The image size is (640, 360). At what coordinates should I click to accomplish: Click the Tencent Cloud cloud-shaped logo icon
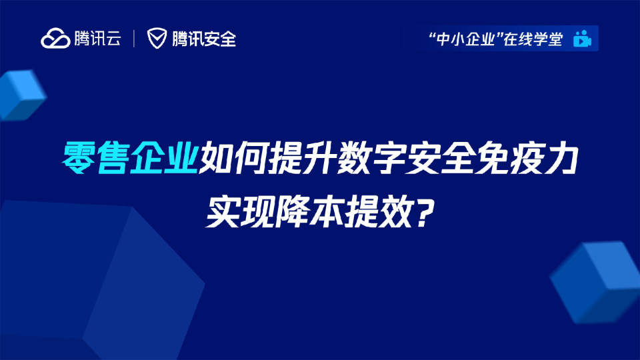pos(56,39)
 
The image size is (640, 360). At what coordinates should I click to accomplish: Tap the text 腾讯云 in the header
pos(97,39)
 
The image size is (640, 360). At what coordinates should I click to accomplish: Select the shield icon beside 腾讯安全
pos(157,39)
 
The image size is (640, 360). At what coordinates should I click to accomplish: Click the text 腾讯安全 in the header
pos(203,39)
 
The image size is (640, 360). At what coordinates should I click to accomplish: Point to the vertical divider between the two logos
pos(135,39)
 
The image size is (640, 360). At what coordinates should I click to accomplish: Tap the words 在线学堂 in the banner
pos(533,39)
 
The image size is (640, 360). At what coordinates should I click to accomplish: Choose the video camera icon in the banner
pos(582,39)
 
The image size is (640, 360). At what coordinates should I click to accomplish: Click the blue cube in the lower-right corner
pos(597,280)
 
